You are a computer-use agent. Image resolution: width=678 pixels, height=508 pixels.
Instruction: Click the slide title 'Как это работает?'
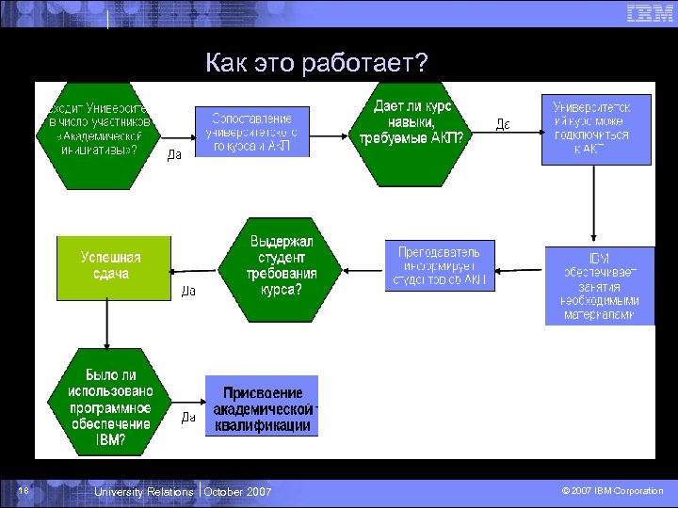316,63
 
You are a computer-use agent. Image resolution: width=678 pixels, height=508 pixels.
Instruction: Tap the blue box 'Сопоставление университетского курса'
251,131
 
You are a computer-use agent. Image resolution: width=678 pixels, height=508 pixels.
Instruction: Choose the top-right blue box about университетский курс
595,129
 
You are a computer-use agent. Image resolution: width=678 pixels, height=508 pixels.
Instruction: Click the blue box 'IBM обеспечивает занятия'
600,286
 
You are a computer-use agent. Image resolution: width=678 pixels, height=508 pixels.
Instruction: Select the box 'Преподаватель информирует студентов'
440,266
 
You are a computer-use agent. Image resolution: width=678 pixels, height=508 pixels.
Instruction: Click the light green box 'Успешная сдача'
113,266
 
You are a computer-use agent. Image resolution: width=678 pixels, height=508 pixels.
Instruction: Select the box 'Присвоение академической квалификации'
262,406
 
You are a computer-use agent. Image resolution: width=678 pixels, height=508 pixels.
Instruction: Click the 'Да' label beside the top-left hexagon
174,155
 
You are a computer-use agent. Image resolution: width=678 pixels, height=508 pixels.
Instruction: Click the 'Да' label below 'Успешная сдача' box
188,292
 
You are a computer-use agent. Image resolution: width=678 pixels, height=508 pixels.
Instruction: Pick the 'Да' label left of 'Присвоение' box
188,419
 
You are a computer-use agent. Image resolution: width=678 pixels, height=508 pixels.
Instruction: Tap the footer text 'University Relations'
144,492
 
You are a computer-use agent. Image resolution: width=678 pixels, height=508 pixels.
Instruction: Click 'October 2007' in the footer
238,492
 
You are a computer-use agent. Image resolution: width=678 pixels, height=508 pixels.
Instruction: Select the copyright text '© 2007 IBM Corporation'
612,491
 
